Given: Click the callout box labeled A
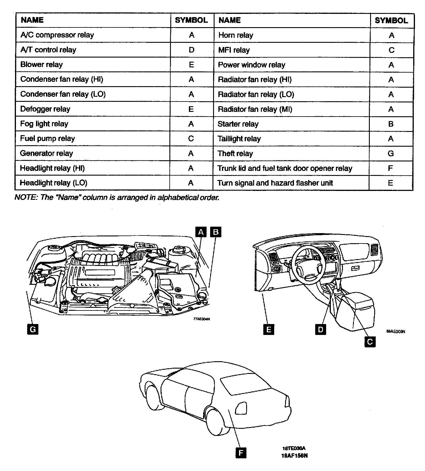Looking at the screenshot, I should pos(201,232).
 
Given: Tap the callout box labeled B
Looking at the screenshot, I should pos(216,232).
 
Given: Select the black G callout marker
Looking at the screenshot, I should pos(32,329).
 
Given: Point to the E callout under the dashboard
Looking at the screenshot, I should pos(269,329).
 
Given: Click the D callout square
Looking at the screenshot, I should pos(321,329).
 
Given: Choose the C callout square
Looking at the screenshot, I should pos(370,342).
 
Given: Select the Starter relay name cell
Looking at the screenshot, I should pos(238,124).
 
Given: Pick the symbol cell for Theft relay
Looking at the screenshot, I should pos(391,153).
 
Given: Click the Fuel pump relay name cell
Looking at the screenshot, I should pos(48,138).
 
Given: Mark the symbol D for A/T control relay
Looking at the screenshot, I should pos(192,50).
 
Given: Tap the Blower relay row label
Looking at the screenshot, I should pos(42,65).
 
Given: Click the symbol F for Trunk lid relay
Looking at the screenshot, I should pos(390,168).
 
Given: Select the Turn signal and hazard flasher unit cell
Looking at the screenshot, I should pos(275,183).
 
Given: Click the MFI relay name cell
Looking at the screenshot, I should pos(234,50).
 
